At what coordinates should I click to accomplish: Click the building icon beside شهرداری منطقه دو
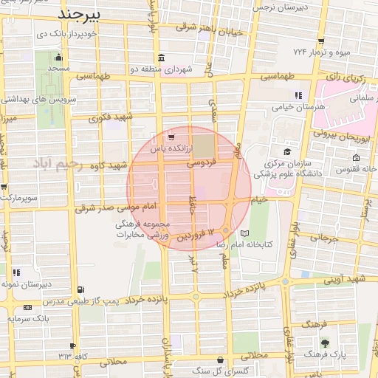click(x=162, y=58)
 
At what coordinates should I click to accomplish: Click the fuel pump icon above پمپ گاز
click(x=80, y=290)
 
